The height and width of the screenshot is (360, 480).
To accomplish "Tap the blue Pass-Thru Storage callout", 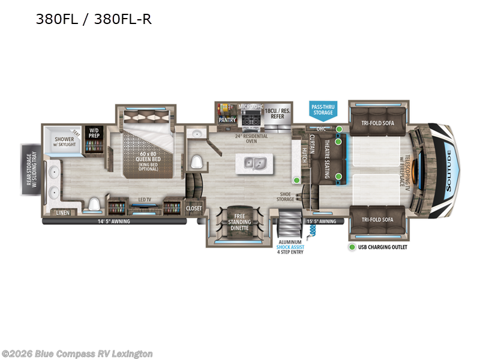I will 322,109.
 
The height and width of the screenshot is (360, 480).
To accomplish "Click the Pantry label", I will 227,119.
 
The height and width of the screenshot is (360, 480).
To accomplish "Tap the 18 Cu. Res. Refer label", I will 278,115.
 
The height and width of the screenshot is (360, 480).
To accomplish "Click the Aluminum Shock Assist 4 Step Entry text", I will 290,245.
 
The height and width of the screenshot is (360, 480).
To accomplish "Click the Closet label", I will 194,208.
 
